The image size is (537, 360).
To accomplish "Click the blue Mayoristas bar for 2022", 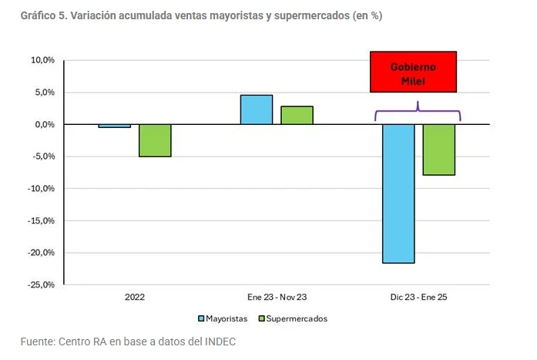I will pos(115,126).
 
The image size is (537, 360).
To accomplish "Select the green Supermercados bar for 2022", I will pos(155,140).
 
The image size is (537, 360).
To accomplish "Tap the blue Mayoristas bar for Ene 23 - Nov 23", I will pos(257,109).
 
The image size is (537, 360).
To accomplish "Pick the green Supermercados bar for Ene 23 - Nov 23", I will pos(297,115).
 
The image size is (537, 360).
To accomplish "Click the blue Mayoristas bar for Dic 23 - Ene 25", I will pos(398,193).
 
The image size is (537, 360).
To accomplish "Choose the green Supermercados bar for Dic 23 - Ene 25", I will pos(438,150).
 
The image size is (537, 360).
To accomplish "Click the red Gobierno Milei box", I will pos(413,72).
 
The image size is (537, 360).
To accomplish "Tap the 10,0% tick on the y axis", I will pos(42,60).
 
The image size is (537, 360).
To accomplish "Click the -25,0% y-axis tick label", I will pos(41,284).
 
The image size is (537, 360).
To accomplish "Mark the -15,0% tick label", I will pos(41,220).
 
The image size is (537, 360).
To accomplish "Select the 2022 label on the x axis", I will pos(134,296).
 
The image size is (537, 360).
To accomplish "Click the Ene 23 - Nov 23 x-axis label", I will pos(277,296).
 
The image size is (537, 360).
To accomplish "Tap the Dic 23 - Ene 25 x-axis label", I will pos(418,296).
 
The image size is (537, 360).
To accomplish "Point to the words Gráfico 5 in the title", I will pos(44,15).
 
